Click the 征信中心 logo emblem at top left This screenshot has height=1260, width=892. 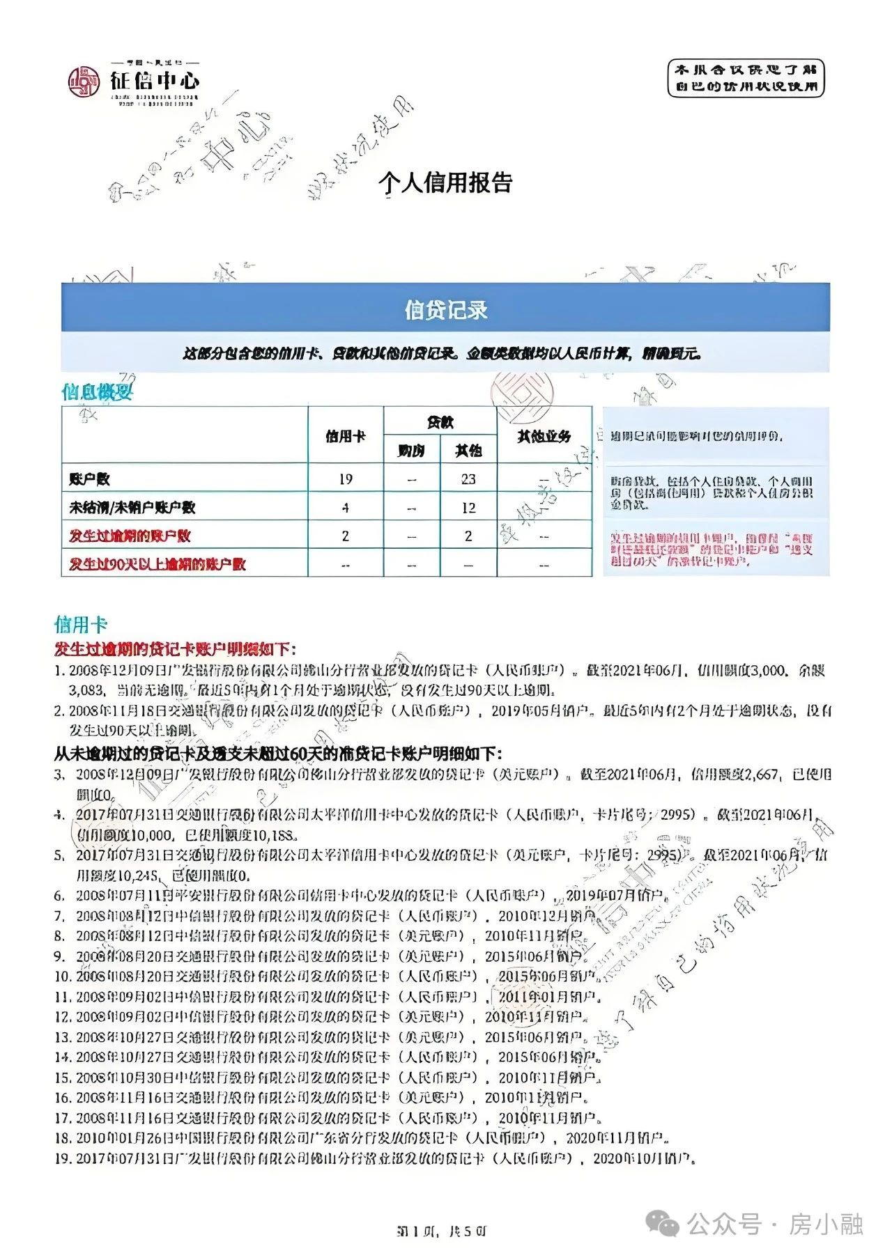pyautogui.click(x=84, y=82)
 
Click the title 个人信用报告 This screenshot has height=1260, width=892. pyautogui.click(x=445, y=182)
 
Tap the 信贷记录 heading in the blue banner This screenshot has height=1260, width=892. pyautogui.click(x=445, y=310)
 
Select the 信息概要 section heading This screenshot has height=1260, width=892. pyautogui.click(x=97, y=392)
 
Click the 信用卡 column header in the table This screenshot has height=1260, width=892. pyautogui.click(x=346, y=436)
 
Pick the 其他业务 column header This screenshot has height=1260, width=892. pyautogui.click(x=544, y=436)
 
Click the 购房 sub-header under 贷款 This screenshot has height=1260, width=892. pyautogui.click(x=411, y=451)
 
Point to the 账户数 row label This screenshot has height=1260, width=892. pyautogui.click(x=89, y=479)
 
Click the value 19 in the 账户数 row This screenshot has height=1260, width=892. pyautogui.click(x=346, y=479)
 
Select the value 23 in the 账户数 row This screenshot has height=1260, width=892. pyautogui.click(x=468, y=479)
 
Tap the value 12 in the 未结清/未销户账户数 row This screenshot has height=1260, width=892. pyautogui.click(x=468, y=508)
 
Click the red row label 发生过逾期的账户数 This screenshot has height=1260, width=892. pyautogui.click(x=130, y=536)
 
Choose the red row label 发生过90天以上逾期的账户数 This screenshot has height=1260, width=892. pyautogui.click(x=157, y=563)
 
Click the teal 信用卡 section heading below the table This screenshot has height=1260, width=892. pyautogui.click(x=81, y=624)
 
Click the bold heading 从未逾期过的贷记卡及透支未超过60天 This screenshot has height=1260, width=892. pyautogui.click(x=277, y=753)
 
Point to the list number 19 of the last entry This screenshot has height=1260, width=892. pyautogui.click(x=63, y=1158)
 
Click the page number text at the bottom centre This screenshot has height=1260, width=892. pyautogui.click(x=442, y=1231)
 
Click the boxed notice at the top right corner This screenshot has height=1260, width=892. pyautogui.click(x=745, y=78)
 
